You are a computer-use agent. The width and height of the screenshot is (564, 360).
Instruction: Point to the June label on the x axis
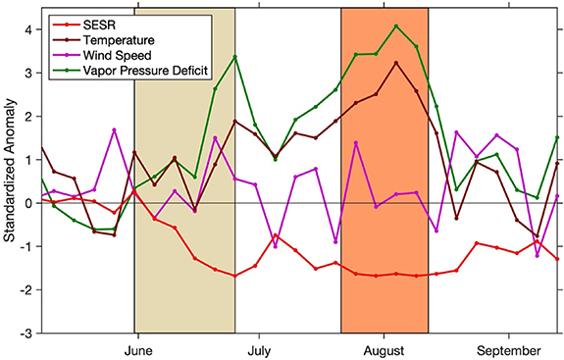(138, 349)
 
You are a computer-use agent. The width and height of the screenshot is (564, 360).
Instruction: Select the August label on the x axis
(384, 349)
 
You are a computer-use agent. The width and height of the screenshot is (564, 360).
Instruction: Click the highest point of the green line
(395, 26)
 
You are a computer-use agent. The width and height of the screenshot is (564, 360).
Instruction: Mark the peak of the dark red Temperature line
(395, 63)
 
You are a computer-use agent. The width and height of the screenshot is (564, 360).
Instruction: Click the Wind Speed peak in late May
(114, 129)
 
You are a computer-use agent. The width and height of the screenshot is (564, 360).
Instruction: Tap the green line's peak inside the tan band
(234, 57)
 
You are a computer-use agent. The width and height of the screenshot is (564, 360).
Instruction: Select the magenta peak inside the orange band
(355, 143)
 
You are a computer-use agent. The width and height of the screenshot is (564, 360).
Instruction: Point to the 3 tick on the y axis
(27, 73)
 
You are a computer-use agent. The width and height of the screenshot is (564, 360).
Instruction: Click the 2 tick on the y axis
(27, 117)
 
